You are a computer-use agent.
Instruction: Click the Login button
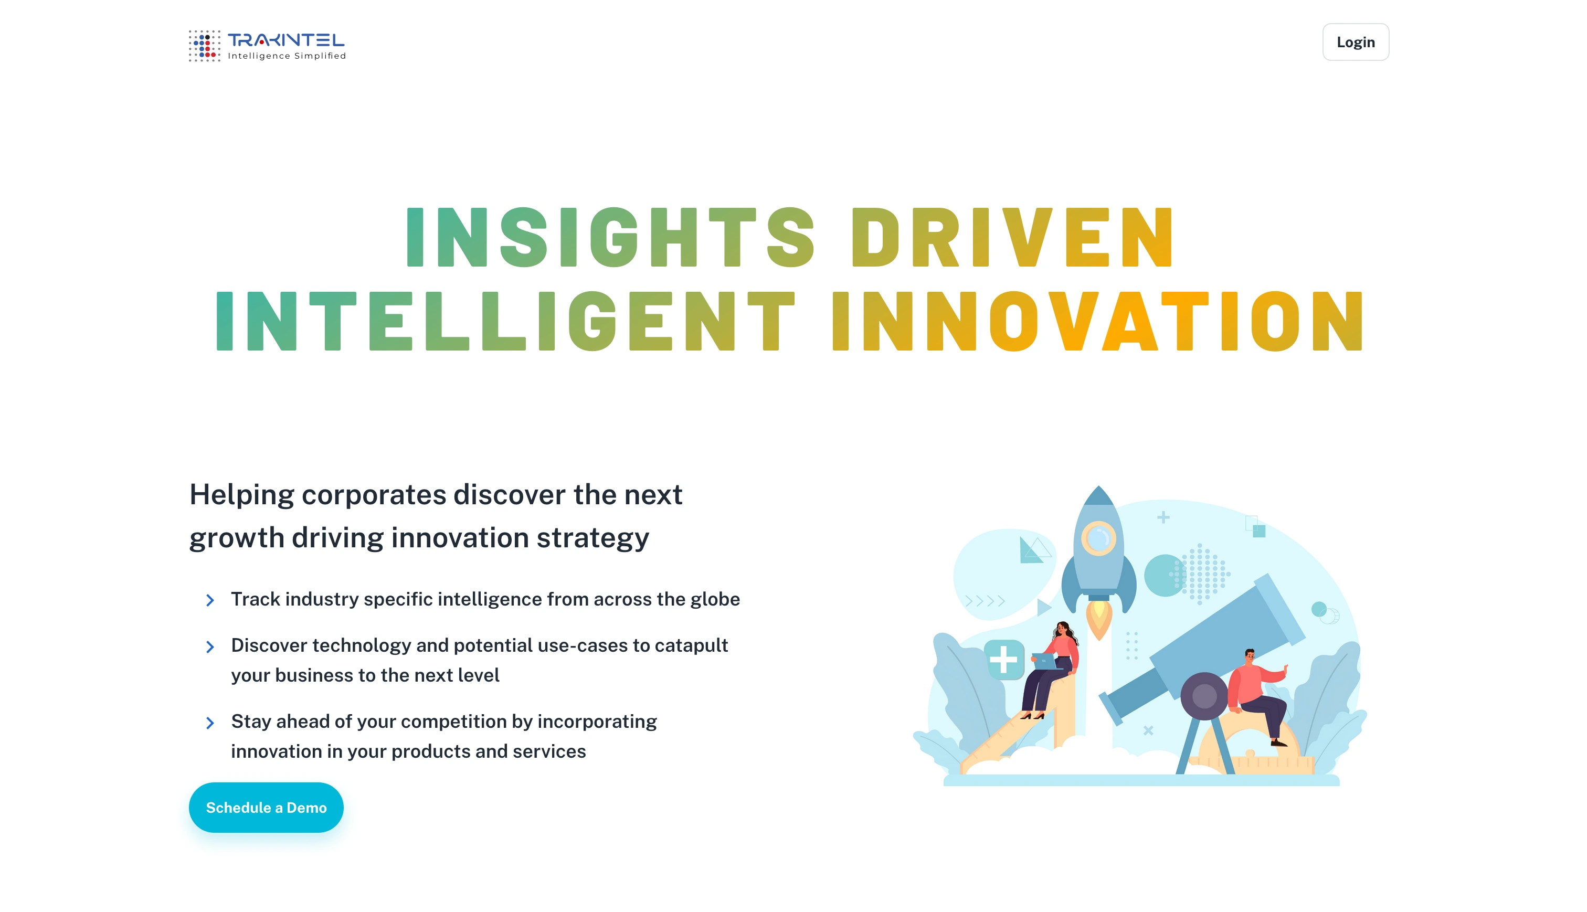tap(1355, 42)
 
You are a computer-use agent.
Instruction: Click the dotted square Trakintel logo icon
tap(205, 46)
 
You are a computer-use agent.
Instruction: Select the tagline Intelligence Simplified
tap(287, 56)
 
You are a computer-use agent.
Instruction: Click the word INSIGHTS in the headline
tap(611, 237)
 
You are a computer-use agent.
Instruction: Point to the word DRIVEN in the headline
tap(1011, 237)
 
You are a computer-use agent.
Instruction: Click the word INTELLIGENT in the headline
tap(505, 321)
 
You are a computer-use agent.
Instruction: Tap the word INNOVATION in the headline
tap(1097, 321)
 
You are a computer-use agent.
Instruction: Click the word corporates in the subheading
tap(373, 495)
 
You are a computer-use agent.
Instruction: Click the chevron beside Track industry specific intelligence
tap(210, 600)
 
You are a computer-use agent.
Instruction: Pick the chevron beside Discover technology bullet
tap(210, 646)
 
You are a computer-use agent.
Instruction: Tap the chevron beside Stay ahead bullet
tap(210, 723)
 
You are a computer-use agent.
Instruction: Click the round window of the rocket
tap(1098, 538)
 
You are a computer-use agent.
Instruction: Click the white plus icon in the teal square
tap(1003, 659)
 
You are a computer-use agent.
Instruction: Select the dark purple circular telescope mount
tap(1204, 695)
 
